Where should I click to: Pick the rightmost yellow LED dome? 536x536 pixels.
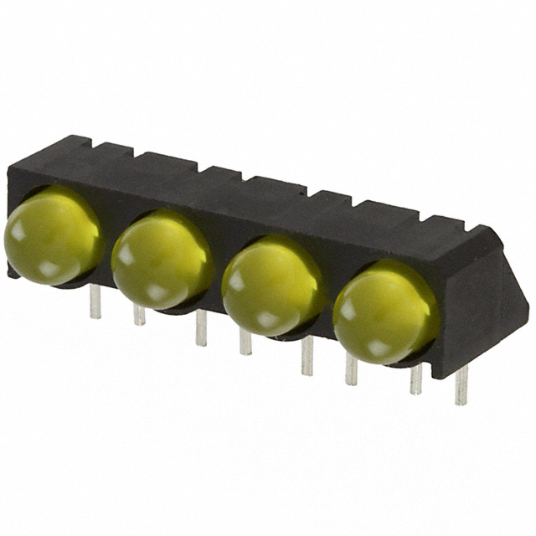pos(384,311)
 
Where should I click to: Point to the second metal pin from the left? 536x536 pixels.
pos(139,314)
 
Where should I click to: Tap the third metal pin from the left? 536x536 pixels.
pos(201,327)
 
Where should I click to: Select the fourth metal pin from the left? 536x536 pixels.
pos(245,340)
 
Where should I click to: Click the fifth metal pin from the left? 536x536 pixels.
pos(307,355)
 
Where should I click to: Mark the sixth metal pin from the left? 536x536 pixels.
pos(351,369)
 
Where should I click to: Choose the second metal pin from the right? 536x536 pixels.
pos(415,379)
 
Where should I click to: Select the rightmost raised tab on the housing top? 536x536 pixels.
pos(441,223)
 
